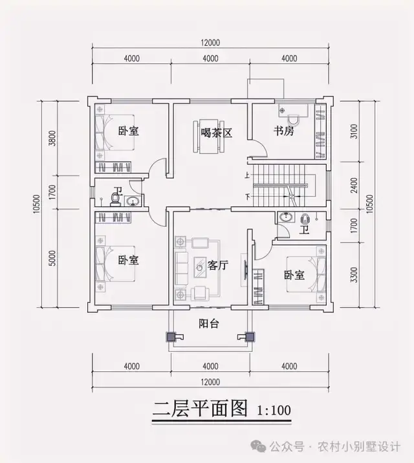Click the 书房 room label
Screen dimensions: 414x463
click(284, 132)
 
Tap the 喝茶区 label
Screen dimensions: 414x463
click(216, 133)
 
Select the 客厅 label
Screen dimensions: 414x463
click(219, 266)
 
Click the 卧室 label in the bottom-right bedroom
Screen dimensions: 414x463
click(294, 275)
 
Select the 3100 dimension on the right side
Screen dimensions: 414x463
click(353, 133)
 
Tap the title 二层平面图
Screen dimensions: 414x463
click(201, 409)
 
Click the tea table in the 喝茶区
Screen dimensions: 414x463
click(208, 136)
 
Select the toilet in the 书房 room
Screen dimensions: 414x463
click(293, 118)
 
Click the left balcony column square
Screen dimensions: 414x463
click(171, 336)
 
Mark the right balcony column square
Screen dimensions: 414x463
click(248, 336)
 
